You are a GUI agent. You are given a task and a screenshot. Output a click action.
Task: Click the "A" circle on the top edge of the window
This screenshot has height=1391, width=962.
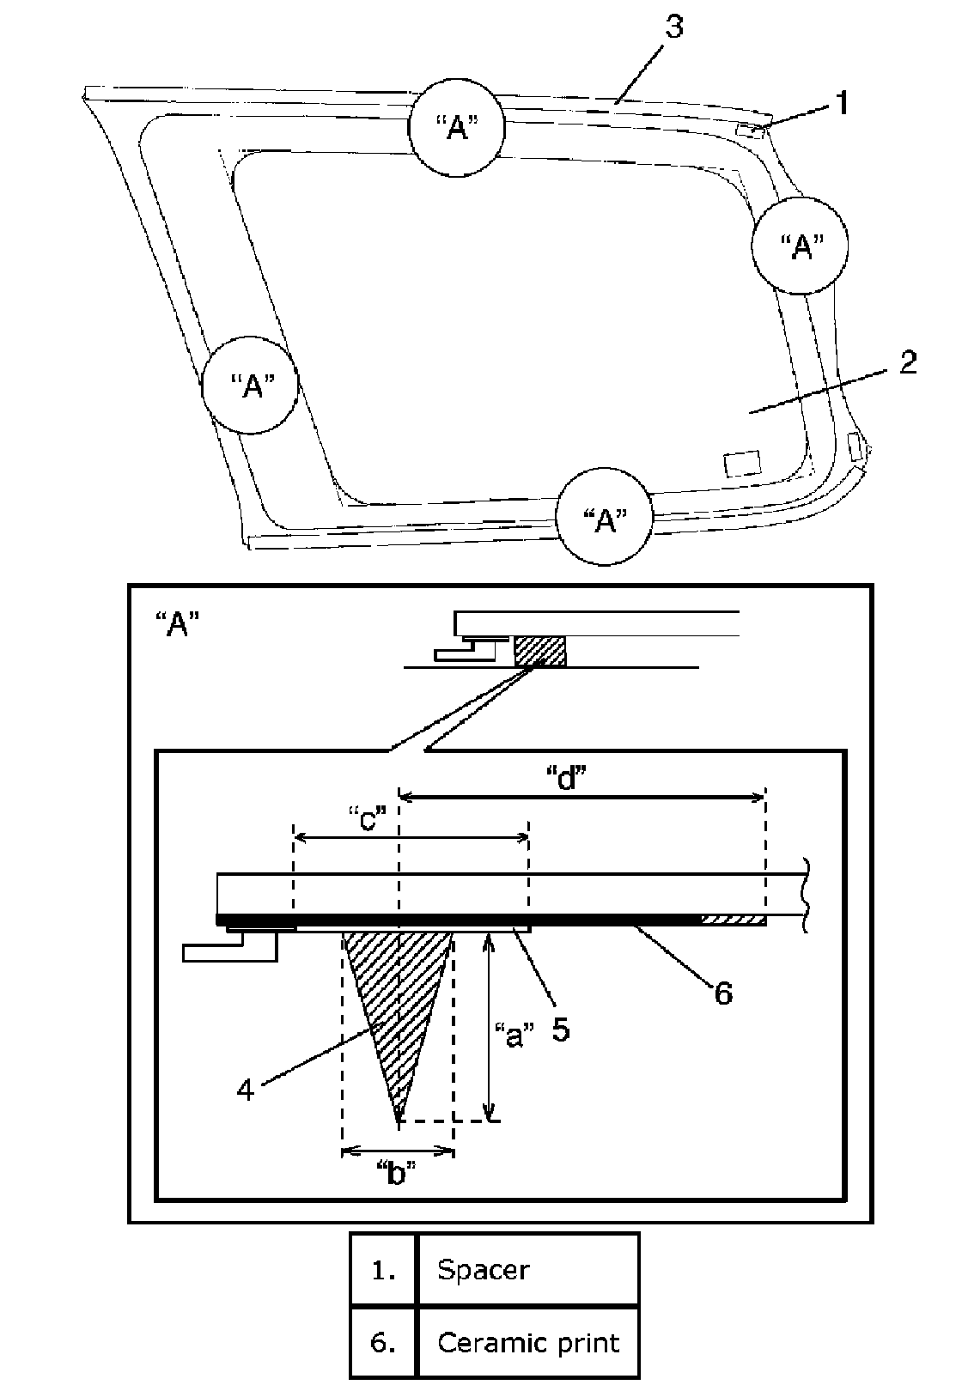[x=455, y=130]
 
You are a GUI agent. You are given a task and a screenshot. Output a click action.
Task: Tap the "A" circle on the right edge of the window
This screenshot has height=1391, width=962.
[x=800, y=246]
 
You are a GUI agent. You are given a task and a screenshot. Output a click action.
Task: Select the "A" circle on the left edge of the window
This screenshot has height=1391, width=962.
[x=250, y=385]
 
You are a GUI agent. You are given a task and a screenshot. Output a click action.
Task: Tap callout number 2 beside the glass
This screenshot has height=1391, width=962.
[x=907, y=361]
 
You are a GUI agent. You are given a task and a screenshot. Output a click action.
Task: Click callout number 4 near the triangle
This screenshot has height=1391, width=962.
[x=246, y=1090]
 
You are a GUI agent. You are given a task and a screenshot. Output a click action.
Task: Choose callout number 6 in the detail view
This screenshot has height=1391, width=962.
[x=723, y=993]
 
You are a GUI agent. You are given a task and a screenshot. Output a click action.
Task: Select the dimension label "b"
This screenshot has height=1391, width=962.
[x=397, y=1173]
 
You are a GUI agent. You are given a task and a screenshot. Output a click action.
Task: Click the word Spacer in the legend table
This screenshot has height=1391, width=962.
[x=483, y=1268]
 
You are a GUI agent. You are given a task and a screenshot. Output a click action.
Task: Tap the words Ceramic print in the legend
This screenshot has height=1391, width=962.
[x=527, y=1342]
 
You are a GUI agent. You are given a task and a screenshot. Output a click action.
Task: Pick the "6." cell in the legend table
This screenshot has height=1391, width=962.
[x=383, y=1342]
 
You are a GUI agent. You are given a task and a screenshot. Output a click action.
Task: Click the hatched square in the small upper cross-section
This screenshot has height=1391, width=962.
[x=540, y=651]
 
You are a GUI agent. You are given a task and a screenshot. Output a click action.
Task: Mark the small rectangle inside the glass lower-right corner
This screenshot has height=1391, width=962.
[x=742, y=464]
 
